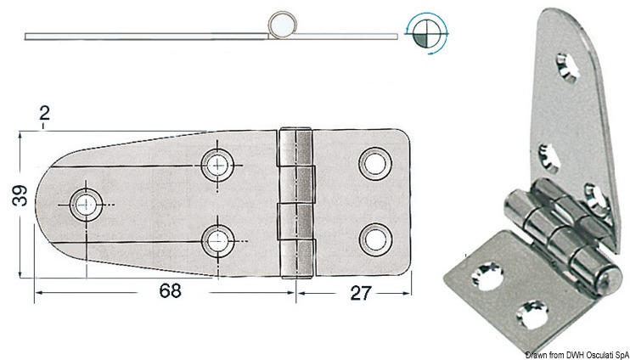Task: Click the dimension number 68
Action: point(170,290)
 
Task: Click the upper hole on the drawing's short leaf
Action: point(374,163)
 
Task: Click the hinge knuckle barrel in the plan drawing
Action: point(296,203)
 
